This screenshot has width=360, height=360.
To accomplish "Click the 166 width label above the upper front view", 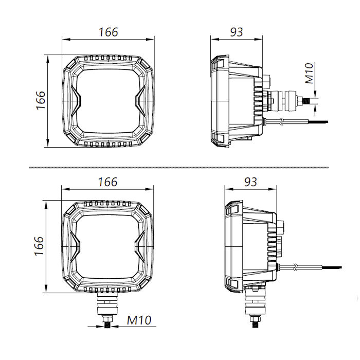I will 108,32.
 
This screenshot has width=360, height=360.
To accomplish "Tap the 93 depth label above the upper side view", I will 236,32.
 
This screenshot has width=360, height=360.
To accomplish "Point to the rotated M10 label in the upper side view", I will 309,74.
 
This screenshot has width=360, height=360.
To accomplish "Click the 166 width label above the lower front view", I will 107,182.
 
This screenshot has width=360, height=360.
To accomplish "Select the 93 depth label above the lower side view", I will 250,182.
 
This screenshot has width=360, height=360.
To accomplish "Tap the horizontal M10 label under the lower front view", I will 139,320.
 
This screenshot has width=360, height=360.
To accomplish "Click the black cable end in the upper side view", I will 319,122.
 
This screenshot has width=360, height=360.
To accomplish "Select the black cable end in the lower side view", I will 332,267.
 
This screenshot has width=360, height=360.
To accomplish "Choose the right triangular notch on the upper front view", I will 141,100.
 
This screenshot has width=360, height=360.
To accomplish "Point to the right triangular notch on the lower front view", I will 141,247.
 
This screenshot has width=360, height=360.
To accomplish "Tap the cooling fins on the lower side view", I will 272,249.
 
